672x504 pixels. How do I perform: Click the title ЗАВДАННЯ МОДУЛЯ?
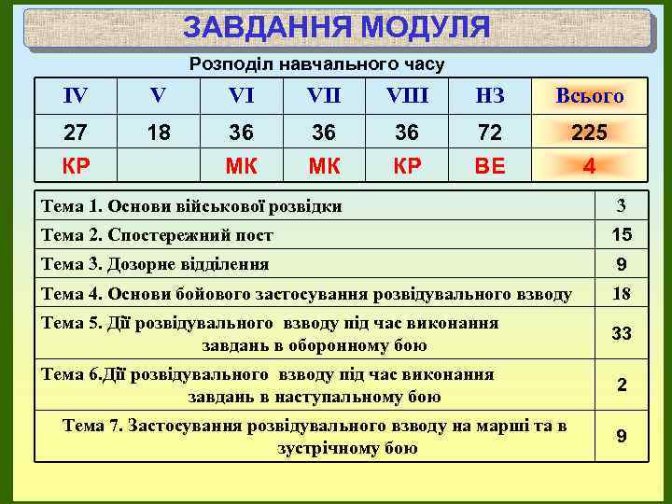point(336,28)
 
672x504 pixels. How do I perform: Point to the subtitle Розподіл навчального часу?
point(317,64)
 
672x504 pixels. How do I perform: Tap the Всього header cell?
point(589,95)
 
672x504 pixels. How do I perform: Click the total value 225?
point(589,133)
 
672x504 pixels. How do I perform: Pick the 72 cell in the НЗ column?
point(489,133)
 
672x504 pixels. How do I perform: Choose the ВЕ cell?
point(489,168)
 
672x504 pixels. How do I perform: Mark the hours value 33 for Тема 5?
point(621,333)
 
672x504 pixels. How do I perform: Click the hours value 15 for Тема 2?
point(621,234)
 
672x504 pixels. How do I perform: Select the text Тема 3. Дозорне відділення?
point(155,264)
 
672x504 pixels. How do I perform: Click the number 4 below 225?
point(589,168)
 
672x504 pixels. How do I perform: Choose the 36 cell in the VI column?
point(242,133)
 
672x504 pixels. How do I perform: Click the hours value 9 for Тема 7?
point(621,437)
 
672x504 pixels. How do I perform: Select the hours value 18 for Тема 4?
point(621,295)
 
